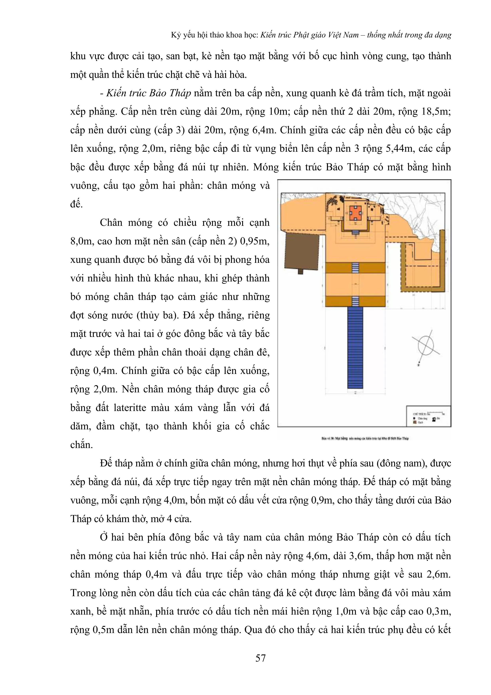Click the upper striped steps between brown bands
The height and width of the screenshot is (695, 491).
pyautogui.click(x=355, y=268)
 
